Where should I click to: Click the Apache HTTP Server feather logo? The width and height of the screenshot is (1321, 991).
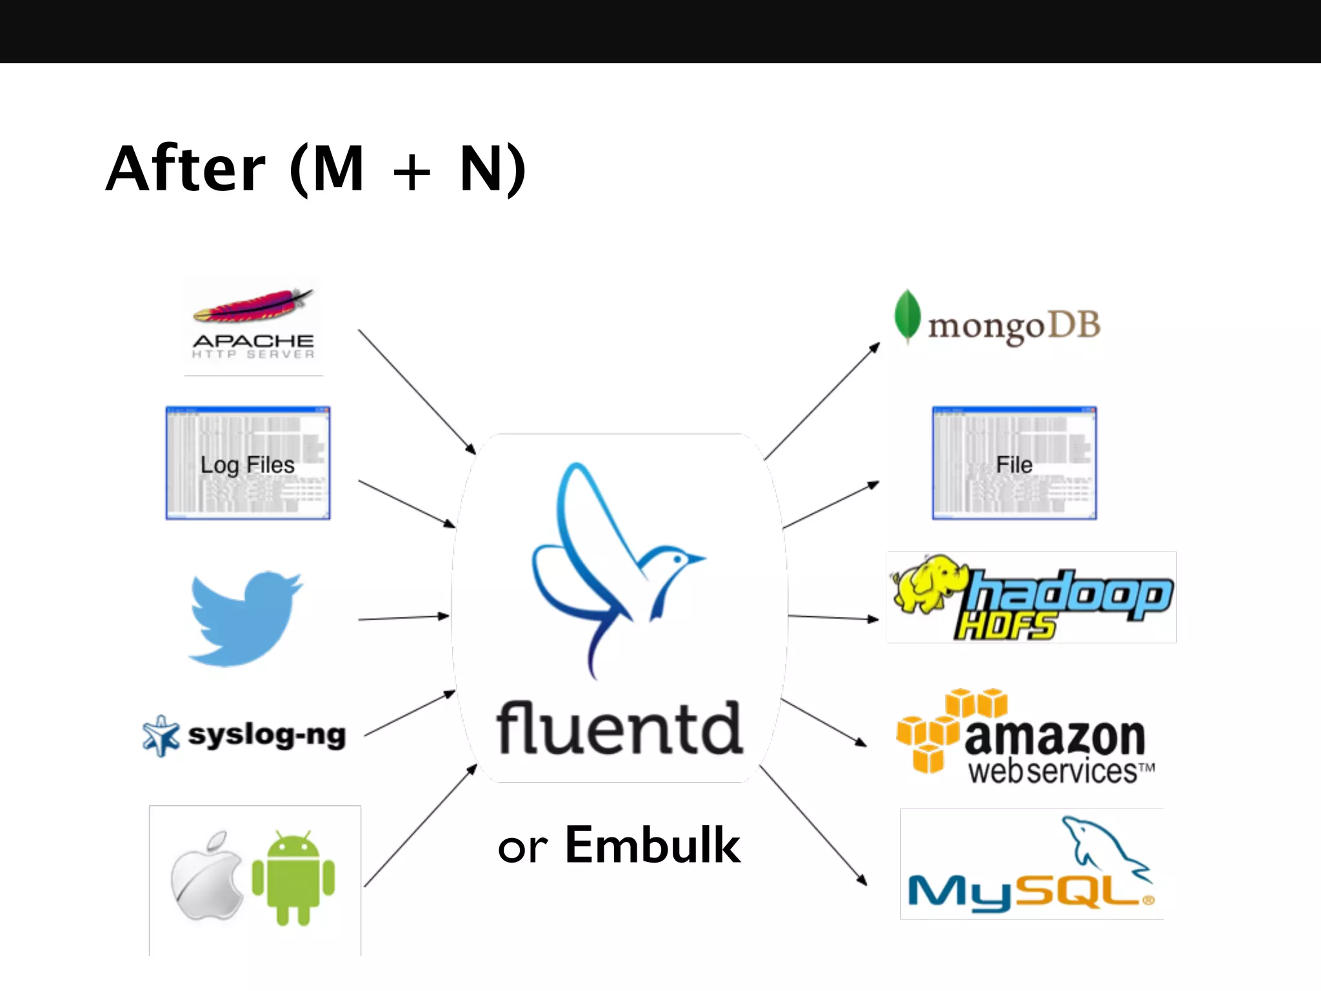[x=253, y=307]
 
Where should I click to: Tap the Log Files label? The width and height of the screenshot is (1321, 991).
[x=247, y=465]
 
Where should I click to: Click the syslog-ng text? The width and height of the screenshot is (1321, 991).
[x=266, y=735]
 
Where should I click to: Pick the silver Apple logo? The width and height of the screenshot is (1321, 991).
[x=206, y=877]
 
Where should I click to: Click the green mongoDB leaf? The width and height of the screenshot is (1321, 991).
[x=907, y=315]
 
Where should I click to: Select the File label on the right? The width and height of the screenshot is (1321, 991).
[x=1014, y=465]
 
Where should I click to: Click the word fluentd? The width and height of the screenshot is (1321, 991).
[x=619, y=729]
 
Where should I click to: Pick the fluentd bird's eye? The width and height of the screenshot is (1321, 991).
[x=677, y=559]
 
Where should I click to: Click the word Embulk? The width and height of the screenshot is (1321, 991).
[x=653, y=845]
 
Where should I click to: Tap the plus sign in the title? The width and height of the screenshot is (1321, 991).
[x=412, y=172]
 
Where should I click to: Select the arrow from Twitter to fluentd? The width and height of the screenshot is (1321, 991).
[x=403, y=617]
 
